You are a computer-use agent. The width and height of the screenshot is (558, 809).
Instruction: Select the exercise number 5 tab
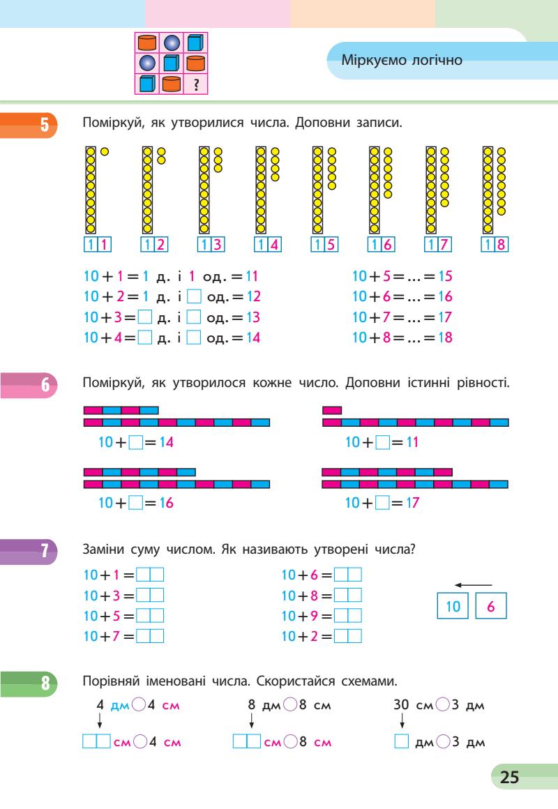click(x=43, y=125)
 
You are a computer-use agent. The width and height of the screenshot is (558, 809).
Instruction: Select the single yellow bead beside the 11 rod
click(x=104, y=151)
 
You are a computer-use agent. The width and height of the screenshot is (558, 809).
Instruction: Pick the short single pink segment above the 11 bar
click(x=332, y=410)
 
